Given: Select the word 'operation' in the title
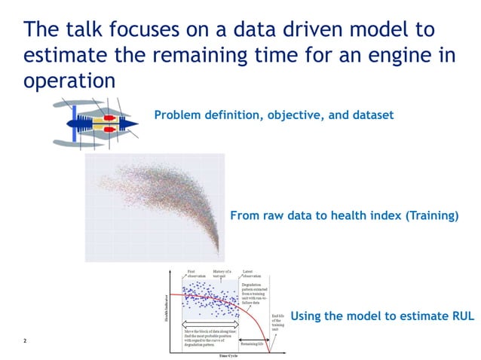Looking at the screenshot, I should (x=69, y=80).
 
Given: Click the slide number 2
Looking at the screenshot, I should (x=25, y=341).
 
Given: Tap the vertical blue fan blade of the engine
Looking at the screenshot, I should (x=75, y=124).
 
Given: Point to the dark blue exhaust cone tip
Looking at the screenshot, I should (x=136, y=124).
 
